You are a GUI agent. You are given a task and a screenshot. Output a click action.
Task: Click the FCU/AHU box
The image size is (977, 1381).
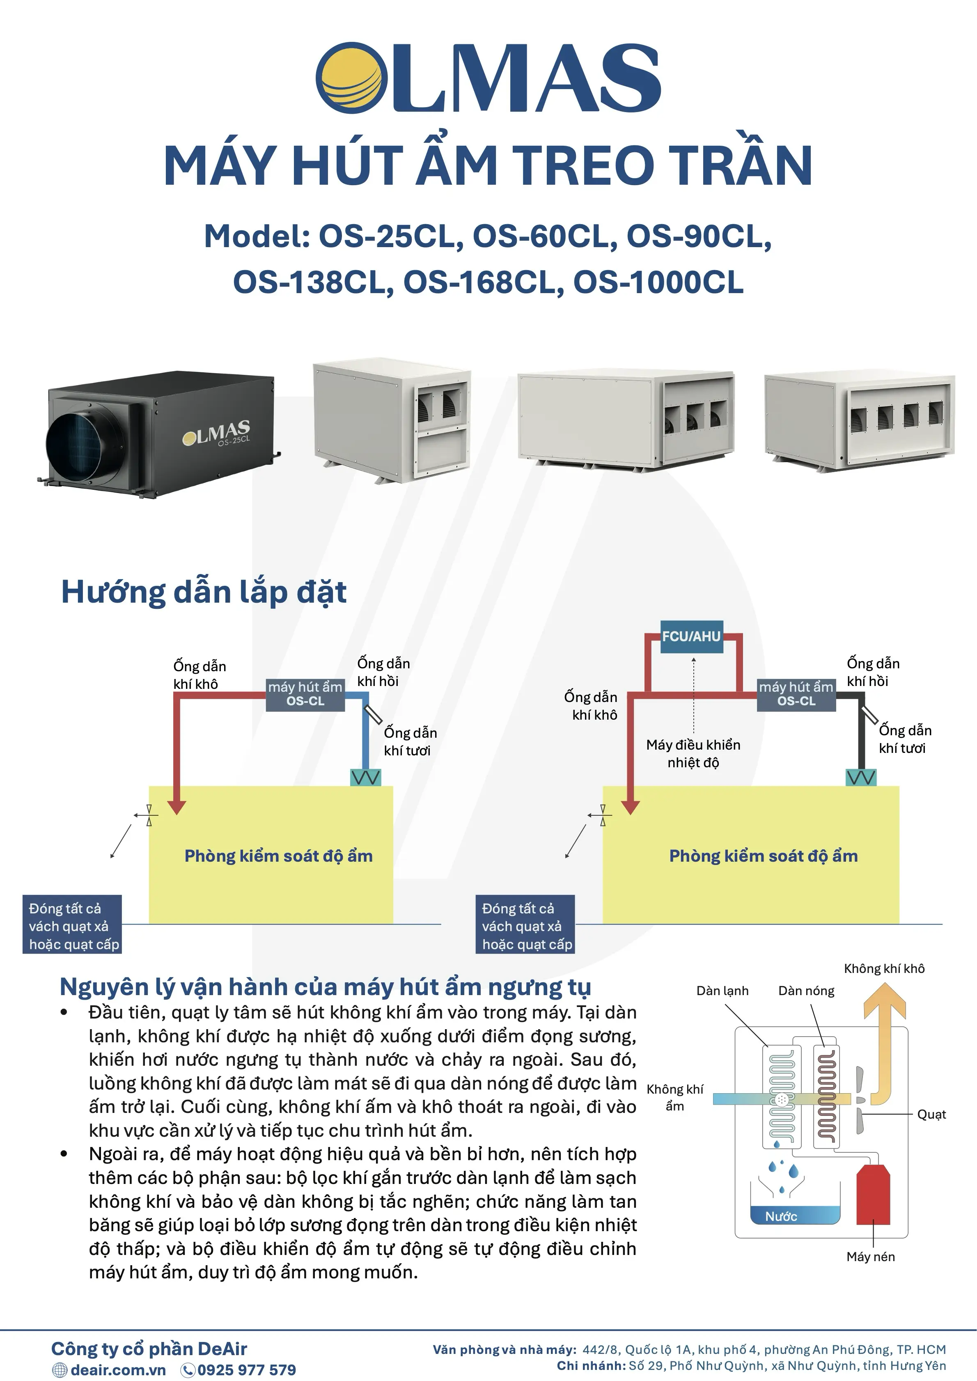coord(691,636)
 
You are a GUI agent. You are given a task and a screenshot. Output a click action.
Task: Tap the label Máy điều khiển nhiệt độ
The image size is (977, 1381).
coord(693,754)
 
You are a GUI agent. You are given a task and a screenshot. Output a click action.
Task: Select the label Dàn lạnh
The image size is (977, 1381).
coord(722,991)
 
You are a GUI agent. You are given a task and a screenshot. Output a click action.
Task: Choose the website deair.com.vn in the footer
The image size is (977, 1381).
coord(118,1370)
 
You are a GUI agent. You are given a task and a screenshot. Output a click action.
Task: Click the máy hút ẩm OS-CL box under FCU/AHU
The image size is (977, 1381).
coord(796,693)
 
